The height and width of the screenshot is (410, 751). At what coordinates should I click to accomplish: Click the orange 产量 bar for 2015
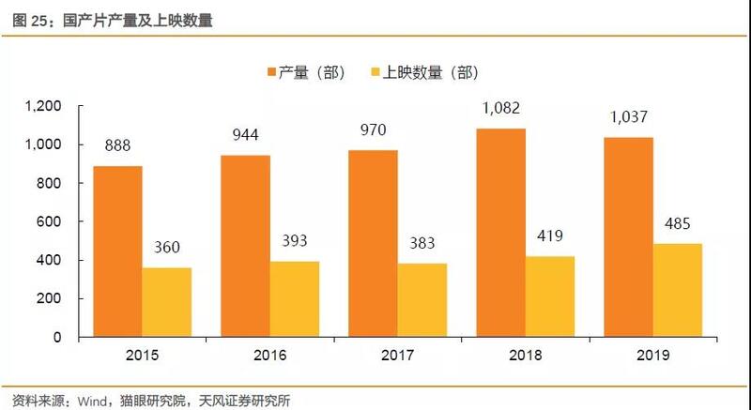[x=117, y=251]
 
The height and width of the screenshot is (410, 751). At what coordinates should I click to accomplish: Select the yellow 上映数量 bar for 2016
[x=294, y=298]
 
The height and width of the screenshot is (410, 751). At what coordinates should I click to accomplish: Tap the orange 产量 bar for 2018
[x=500, y=233]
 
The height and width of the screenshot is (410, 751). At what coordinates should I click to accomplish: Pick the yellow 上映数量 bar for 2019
[x=677, y=290]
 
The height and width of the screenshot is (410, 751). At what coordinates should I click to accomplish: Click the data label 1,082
[x=500, y=111]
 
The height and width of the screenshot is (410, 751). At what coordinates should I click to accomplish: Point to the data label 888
[x=117, y=146]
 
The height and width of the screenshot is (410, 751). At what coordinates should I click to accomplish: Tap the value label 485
[x=677, y=223]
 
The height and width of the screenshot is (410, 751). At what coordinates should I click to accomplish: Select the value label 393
[x=294, y=241]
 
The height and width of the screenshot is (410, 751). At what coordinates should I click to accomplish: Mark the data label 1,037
[x=628, y=117]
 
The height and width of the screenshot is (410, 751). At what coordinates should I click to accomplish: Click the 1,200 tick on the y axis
[x=43, y=107]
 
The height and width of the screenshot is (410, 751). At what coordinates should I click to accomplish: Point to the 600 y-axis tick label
[x=48, y=222]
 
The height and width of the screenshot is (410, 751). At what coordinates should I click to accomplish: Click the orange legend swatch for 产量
[x=271, y=72]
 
